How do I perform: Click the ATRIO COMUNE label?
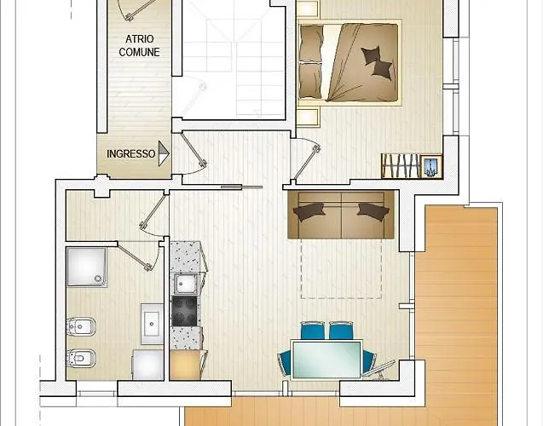pos(139,45)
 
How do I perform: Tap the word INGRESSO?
pos(131,153)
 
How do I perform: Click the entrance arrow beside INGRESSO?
pos(164,153)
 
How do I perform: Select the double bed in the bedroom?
pos(349,63)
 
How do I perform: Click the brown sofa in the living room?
pos(341,215)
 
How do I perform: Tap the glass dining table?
pos(326,360)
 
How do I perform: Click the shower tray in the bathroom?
pos(87,268)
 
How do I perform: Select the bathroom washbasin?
pos(152,325)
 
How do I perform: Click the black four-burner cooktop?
pos(185,312)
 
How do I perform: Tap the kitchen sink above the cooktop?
pos(186,284)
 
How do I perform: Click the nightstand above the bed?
pos(307,9)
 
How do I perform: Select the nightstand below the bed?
pos(308,117)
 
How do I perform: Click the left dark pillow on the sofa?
pos(309,211)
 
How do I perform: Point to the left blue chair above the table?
pos(313,331)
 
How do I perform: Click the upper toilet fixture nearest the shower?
pos(81,326)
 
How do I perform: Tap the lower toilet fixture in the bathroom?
pos(81,358)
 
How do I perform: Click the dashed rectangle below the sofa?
pos(341,268)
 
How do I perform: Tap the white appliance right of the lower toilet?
pos(148,365)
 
